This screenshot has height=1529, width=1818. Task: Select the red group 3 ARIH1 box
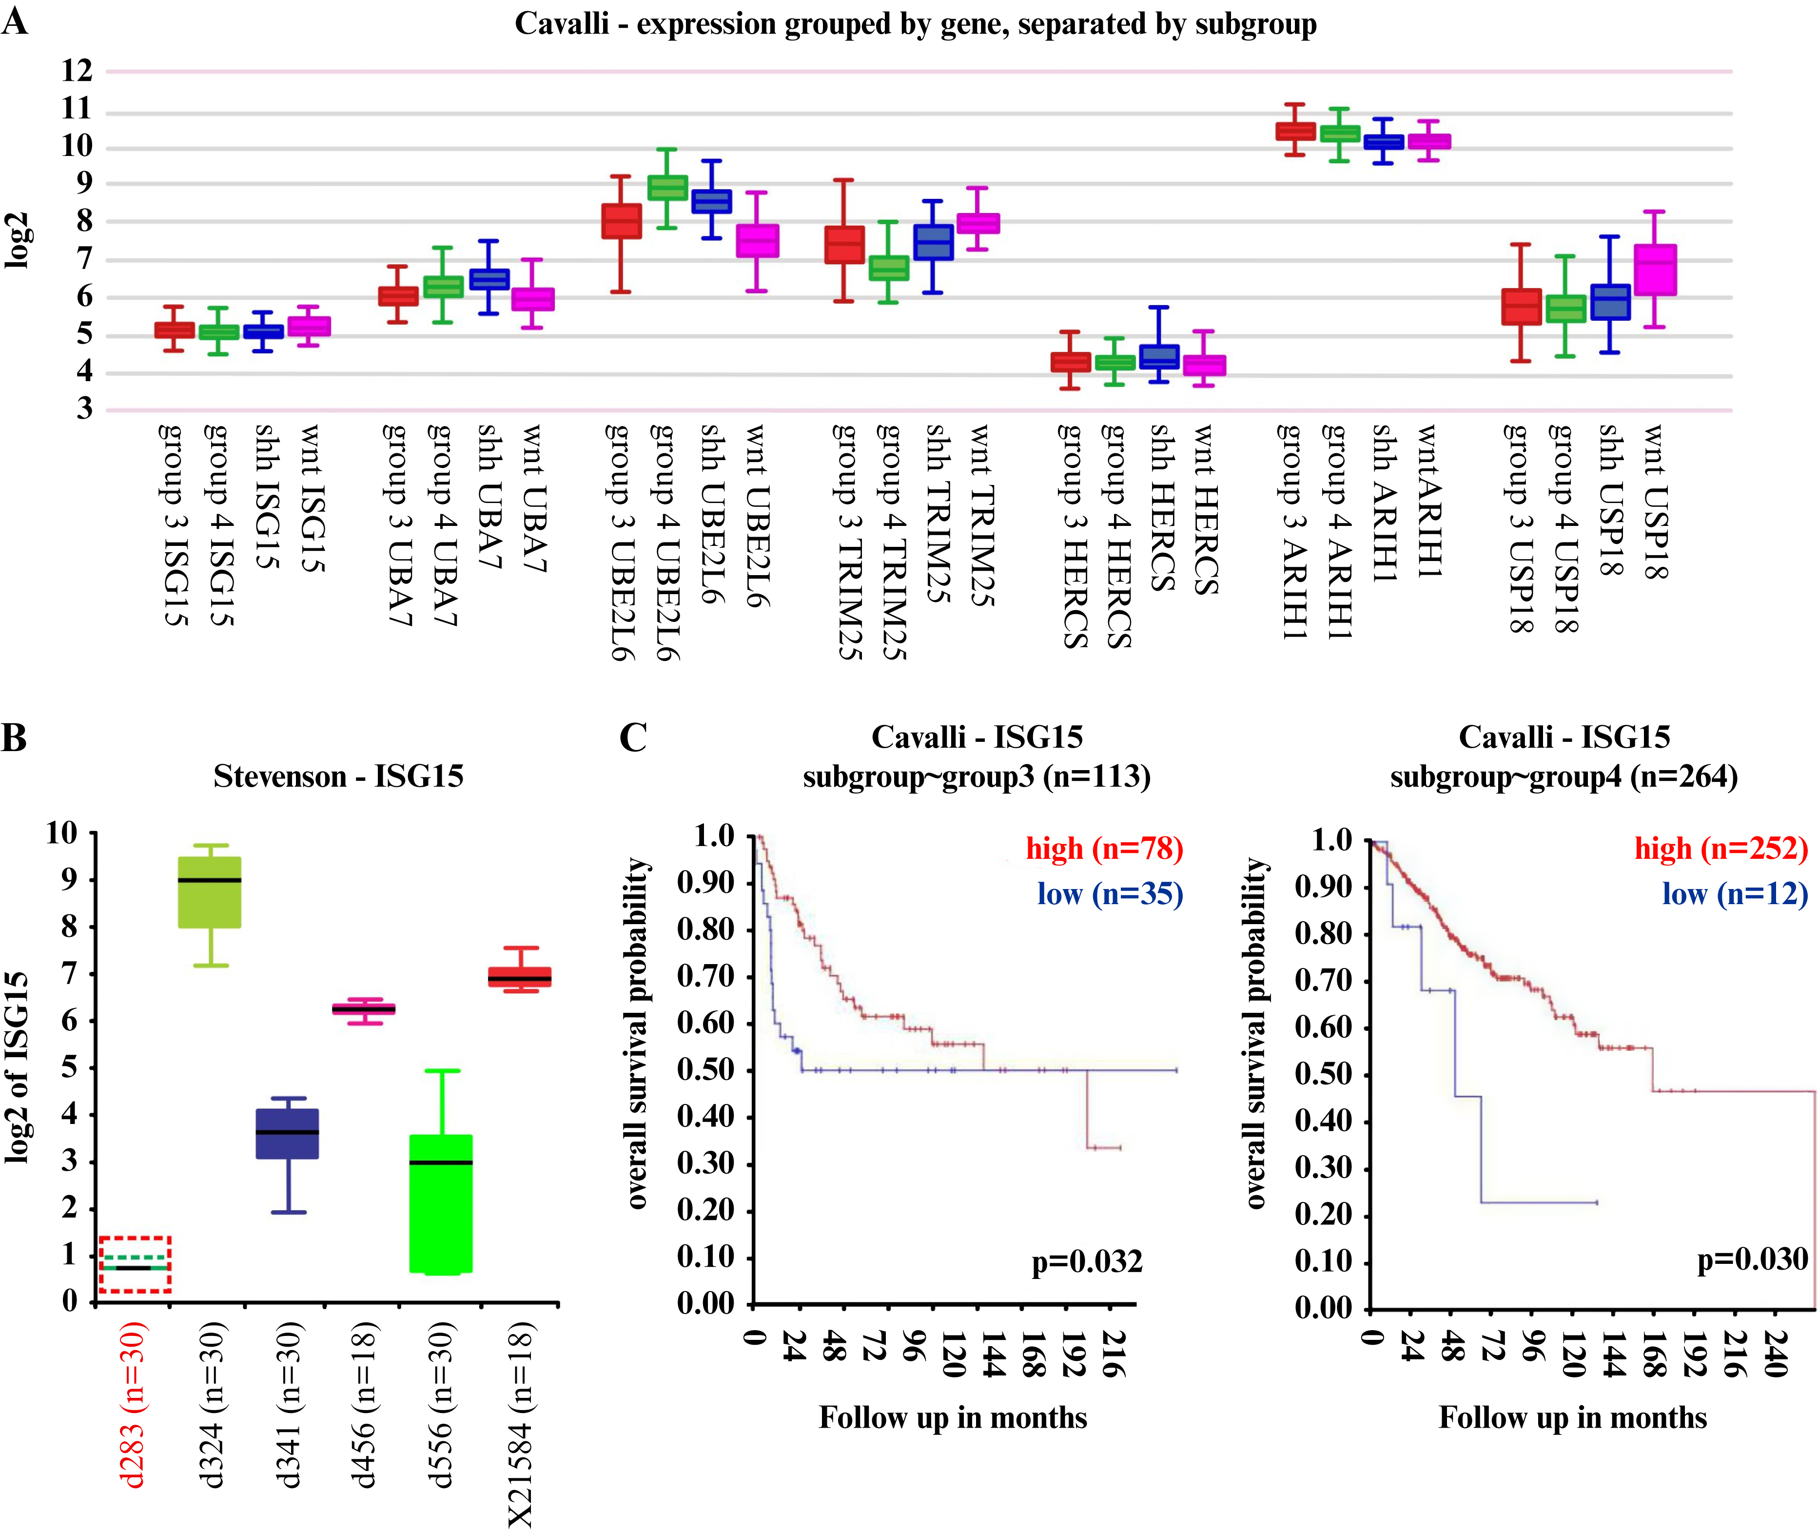click(1295, 131)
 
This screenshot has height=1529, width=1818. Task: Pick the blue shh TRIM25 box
click(933, 242)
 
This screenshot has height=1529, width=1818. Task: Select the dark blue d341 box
click(288, 1133)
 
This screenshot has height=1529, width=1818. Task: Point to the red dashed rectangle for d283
click(135, 1265)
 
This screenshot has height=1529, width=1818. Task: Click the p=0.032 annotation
click(1086, 1261)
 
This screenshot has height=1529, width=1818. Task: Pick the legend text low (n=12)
click(1735, 893)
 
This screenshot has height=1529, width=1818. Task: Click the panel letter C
click(633, 737)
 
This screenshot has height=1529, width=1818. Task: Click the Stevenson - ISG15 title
click(338, 776)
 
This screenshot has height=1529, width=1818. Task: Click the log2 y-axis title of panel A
click(18, 240)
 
